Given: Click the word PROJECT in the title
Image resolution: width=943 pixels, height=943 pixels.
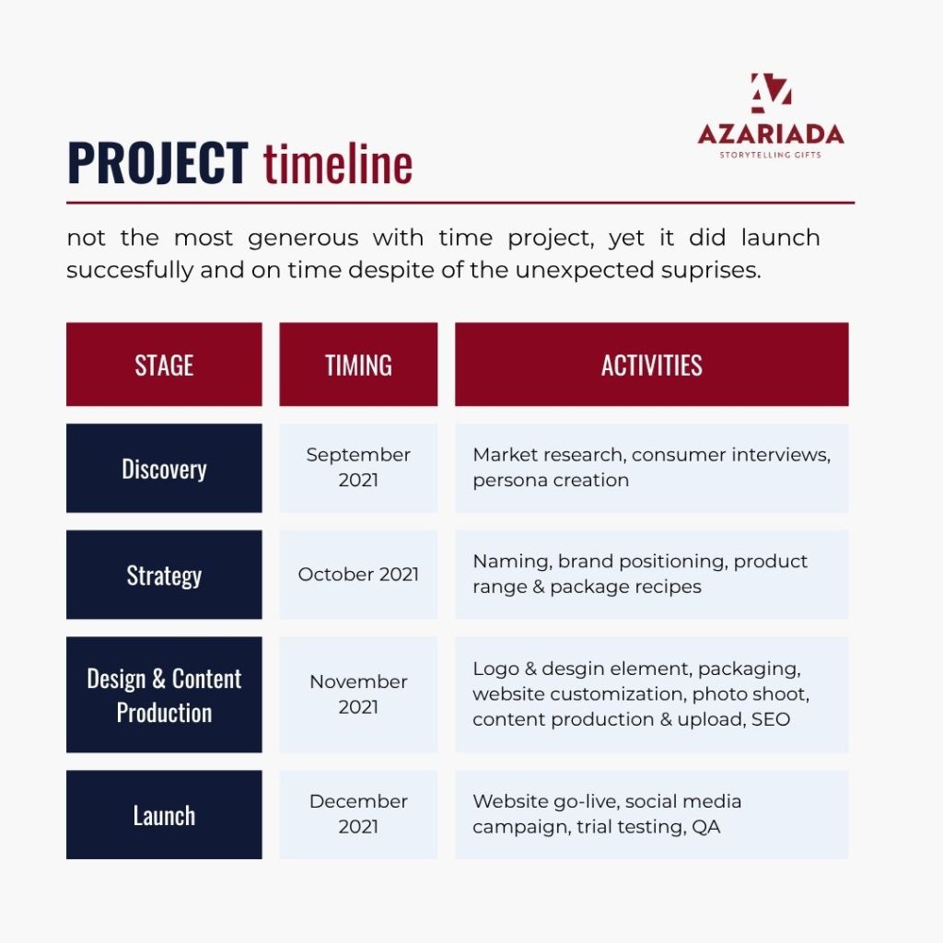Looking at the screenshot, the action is (157, 163).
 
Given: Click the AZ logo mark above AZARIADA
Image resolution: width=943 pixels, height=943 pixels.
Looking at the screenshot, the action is (771, 93).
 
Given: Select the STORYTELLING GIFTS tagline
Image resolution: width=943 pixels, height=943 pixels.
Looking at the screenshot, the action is (771, 155).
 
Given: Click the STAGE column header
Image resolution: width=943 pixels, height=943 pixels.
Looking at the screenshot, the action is (164, 365).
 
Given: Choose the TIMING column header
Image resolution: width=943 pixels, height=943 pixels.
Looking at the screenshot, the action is (358, 365).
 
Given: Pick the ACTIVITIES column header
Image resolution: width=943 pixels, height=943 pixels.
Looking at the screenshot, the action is (652, 365).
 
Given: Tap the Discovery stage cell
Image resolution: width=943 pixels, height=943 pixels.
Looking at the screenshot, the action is (164, 468).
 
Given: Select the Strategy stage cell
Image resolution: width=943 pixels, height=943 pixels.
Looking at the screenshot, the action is (164, 575).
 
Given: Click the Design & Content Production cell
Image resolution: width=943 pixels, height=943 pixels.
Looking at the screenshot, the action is (164, 694).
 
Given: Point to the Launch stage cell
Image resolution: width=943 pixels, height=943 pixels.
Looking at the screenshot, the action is (164, 815).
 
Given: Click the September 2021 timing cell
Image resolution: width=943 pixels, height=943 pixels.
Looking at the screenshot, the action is (358, 468).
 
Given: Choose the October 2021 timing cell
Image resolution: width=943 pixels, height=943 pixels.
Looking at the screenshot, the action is (358, 575).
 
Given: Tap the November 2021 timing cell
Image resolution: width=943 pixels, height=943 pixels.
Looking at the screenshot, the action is (358, 694).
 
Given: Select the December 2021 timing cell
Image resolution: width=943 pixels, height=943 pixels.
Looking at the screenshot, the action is (358, 815).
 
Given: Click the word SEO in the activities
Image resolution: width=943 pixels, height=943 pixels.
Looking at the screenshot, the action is (771, 719).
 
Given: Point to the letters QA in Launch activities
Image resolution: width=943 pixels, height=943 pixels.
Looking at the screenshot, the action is (706, 827).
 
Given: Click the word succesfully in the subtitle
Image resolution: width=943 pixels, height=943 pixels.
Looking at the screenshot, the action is (130, 270).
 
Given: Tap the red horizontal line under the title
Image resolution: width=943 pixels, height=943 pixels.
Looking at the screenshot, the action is (460, 204).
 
